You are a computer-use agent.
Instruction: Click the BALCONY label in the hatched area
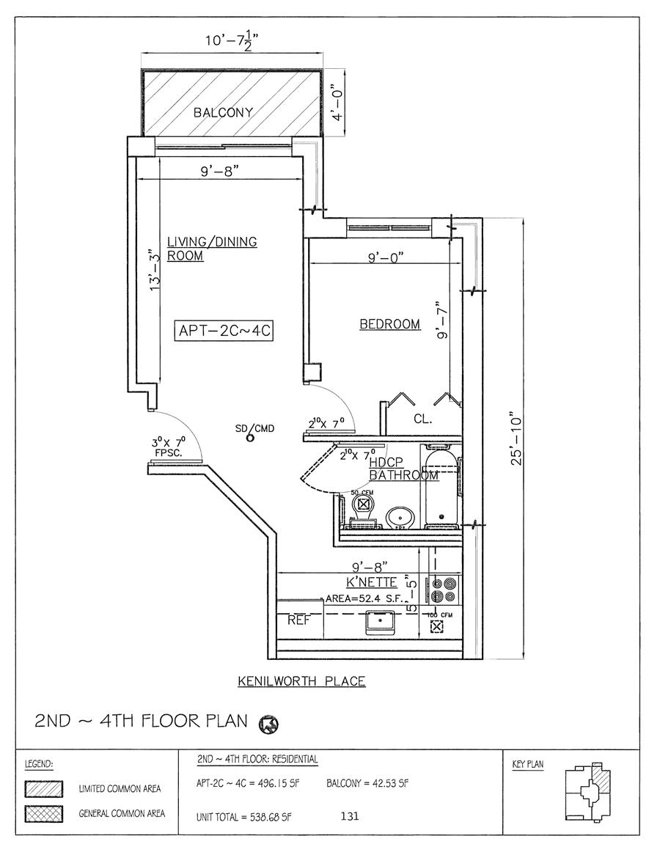[x=223, y=113]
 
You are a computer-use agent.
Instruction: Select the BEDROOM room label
[x=389, y=324]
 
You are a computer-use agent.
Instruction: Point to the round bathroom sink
[x=400, y=516]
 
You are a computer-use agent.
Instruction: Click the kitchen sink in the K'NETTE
[x=381, y=623]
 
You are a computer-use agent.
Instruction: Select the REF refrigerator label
[x=298, y=620]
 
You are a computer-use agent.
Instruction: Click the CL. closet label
[x=422, y=420]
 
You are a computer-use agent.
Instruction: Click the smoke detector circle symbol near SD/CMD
[x=249, y=438]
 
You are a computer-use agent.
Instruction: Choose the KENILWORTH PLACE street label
[x=301, y=681]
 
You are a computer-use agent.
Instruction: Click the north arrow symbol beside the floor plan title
[x=269, y=724]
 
